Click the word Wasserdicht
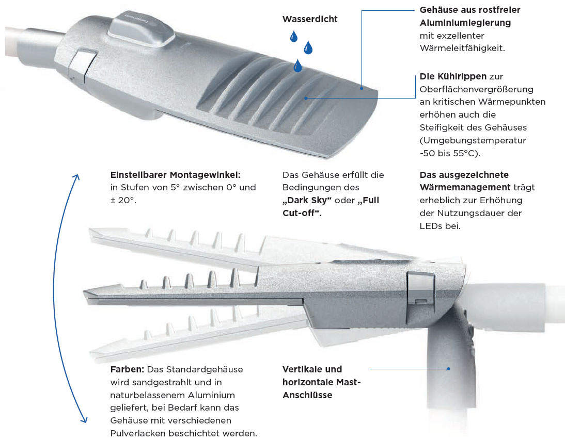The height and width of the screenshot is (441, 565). click(x=310, y=19)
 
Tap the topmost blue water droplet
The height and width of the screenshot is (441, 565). click(x=294, y=36)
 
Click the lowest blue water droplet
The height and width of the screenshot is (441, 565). click(x=297, y=66)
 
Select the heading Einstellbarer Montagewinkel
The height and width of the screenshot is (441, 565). click(x=176, y=175)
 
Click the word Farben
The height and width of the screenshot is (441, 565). click(x=127, y=369)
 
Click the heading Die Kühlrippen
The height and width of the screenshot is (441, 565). click(x=453, y=77)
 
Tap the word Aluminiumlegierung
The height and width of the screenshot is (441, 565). click(x=465, y=23)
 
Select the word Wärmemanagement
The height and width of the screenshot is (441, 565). click(x=465, y=188)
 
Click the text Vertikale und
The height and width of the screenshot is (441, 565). click(x=312, y=369)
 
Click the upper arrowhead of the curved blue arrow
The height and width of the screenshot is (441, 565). click(x=76, y=178)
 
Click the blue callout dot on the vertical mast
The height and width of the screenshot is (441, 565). click(x=449, y=369)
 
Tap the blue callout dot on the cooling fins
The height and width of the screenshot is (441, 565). click(x=306, y=98)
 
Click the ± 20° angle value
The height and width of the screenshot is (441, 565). click(x=123, y=201)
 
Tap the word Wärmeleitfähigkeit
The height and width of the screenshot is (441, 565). click(x=462, y=48)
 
